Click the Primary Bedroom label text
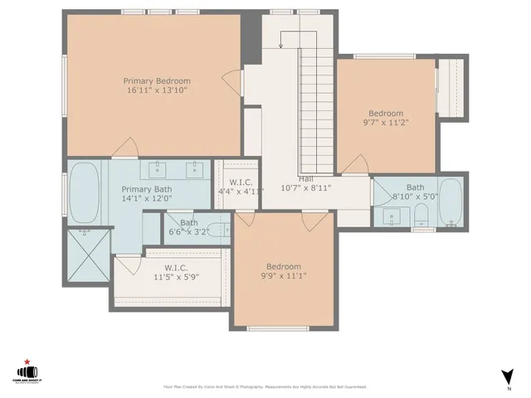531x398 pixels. click(157, 80)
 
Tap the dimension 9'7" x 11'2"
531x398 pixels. click(386, 123)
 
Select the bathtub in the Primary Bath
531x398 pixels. click(84, 194)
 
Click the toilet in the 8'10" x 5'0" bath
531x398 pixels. click(421, 217)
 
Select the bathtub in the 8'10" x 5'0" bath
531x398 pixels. click(450, 203)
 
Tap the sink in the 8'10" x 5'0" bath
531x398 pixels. click(393, 216)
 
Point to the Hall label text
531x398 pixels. click(305, 178)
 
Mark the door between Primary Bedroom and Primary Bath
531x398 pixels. click(125, 150)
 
